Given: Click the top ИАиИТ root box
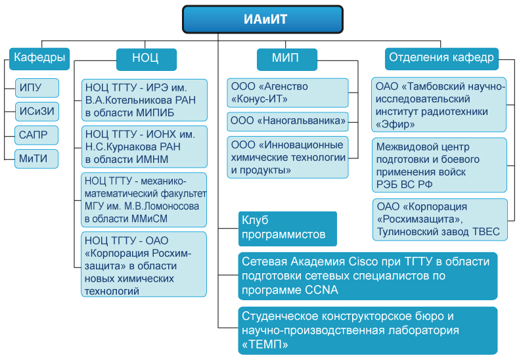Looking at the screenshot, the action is (x=263, y=19).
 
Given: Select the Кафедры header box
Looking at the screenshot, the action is (x=39, y=58).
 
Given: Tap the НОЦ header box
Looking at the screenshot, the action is (x=147, y=59).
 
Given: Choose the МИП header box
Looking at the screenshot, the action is (x=287, y=59).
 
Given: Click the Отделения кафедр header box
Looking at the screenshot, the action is (x=441, y=58).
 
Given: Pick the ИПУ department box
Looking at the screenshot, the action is (x=37, y=87).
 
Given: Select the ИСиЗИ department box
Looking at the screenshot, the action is (x=37, y=112).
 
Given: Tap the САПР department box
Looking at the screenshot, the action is (x=36, y=135).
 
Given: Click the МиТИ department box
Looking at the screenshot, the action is (x=36, y=159).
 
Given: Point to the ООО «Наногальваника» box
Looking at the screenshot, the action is (x=288, y=122).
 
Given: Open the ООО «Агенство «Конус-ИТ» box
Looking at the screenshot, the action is (x=288, y=93).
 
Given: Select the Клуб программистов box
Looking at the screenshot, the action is (x=288, y=229).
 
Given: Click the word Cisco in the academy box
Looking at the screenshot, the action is (x=363, y=261).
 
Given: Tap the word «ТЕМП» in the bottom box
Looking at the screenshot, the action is (x=265, y=344).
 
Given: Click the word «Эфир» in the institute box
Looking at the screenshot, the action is (x=395, y=124).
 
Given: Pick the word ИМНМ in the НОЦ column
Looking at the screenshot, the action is (x=152, y=160).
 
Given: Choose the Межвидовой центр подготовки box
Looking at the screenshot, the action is (x=440, y=165).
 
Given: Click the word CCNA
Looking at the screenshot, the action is (x=321, y=290).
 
